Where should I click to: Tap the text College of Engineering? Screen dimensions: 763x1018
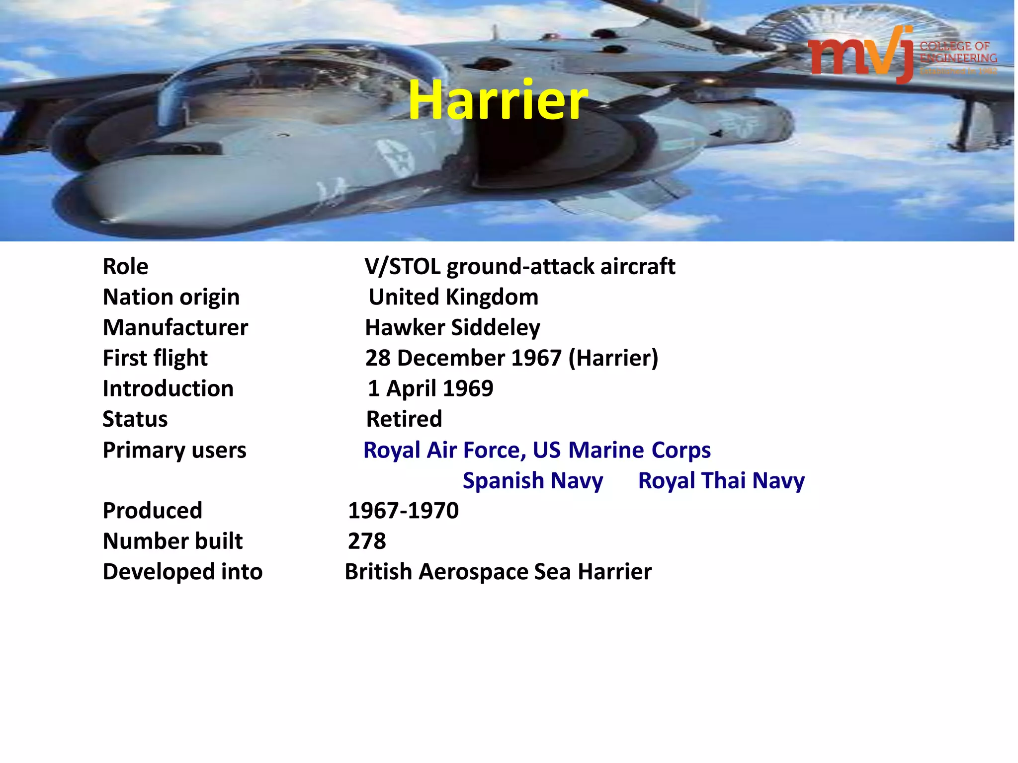point(957,53)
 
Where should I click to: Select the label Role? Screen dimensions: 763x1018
point(125,267)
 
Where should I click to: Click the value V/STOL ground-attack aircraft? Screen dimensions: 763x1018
point(519,267)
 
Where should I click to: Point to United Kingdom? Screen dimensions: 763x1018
point(453,297)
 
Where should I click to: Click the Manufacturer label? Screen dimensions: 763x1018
point(175,328)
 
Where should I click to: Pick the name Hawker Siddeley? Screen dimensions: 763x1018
point(452,328)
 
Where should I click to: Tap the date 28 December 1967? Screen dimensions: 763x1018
point(463,358)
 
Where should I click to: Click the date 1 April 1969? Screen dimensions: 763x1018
point(430,389)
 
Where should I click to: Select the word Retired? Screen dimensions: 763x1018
point(404,419)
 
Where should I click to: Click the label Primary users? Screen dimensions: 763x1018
point(174,450)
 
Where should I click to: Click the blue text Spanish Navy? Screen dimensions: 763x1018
point(532,481)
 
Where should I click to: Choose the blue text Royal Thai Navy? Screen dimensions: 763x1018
point(721,481)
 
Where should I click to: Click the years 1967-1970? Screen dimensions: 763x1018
point(403,511)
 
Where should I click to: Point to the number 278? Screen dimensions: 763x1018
point(367,541)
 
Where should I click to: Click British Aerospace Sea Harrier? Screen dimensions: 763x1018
point(498,572)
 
